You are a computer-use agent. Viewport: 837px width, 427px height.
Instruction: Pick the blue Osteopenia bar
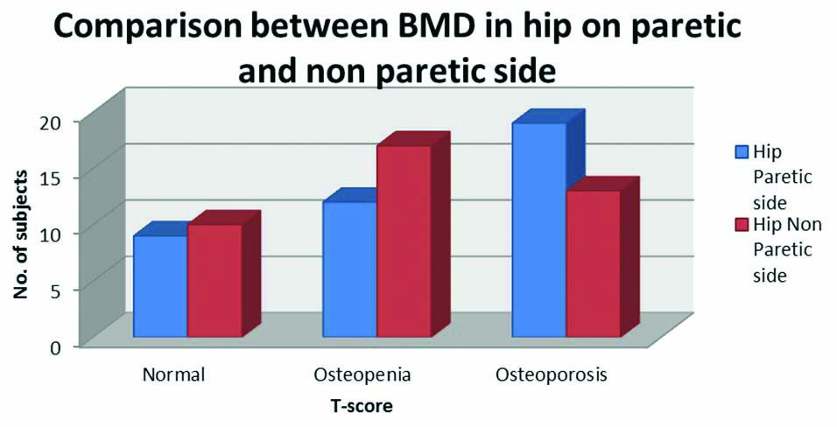(x=350, y=269)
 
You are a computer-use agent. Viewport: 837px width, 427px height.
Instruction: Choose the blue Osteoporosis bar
(x=539, y=229)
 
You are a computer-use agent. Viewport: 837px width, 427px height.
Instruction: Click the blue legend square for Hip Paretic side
(x=741, y=151)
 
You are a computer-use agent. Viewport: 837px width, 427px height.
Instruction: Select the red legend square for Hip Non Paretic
(x=741, y=225)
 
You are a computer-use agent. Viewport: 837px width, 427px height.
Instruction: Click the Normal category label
(x=173, y=375)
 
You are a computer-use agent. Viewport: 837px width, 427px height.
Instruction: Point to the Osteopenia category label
(x=362, y=375)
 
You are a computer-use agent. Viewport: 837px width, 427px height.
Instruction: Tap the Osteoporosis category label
(x=552, y=375)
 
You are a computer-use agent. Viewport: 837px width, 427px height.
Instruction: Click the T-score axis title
(x=361, y=405)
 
